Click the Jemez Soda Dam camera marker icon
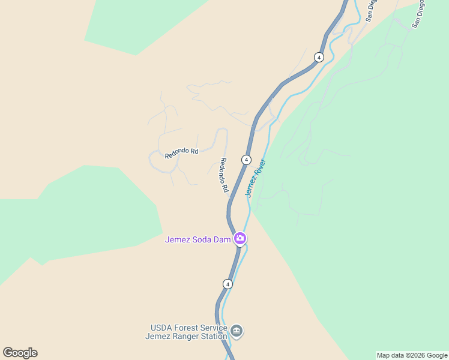coord(240,239)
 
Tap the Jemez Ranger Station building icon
coord(237,331)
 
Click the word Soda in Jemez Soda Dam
coord(202,240)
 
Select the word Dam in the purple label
coord(223,240)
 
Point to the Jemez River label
coord(255,178)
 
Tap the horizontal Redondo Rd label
coord(181,153)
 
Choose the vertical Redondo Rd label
coord(224,175)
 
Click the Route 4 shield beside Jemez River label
coord(246,160)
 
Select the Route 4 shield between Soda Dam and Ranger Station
coord(227,283)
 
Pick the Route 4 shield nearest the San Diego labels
coord(319,58)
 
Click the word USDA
coord(161,328)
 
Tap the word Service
coord(213,328)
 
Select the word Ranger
coord(185,336)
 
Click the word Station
coord(214,336)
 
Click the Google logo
coord(20,353)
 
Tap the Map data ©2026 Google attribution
coord(412,355)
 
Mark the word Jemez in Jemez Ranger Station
coord(157,336)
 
